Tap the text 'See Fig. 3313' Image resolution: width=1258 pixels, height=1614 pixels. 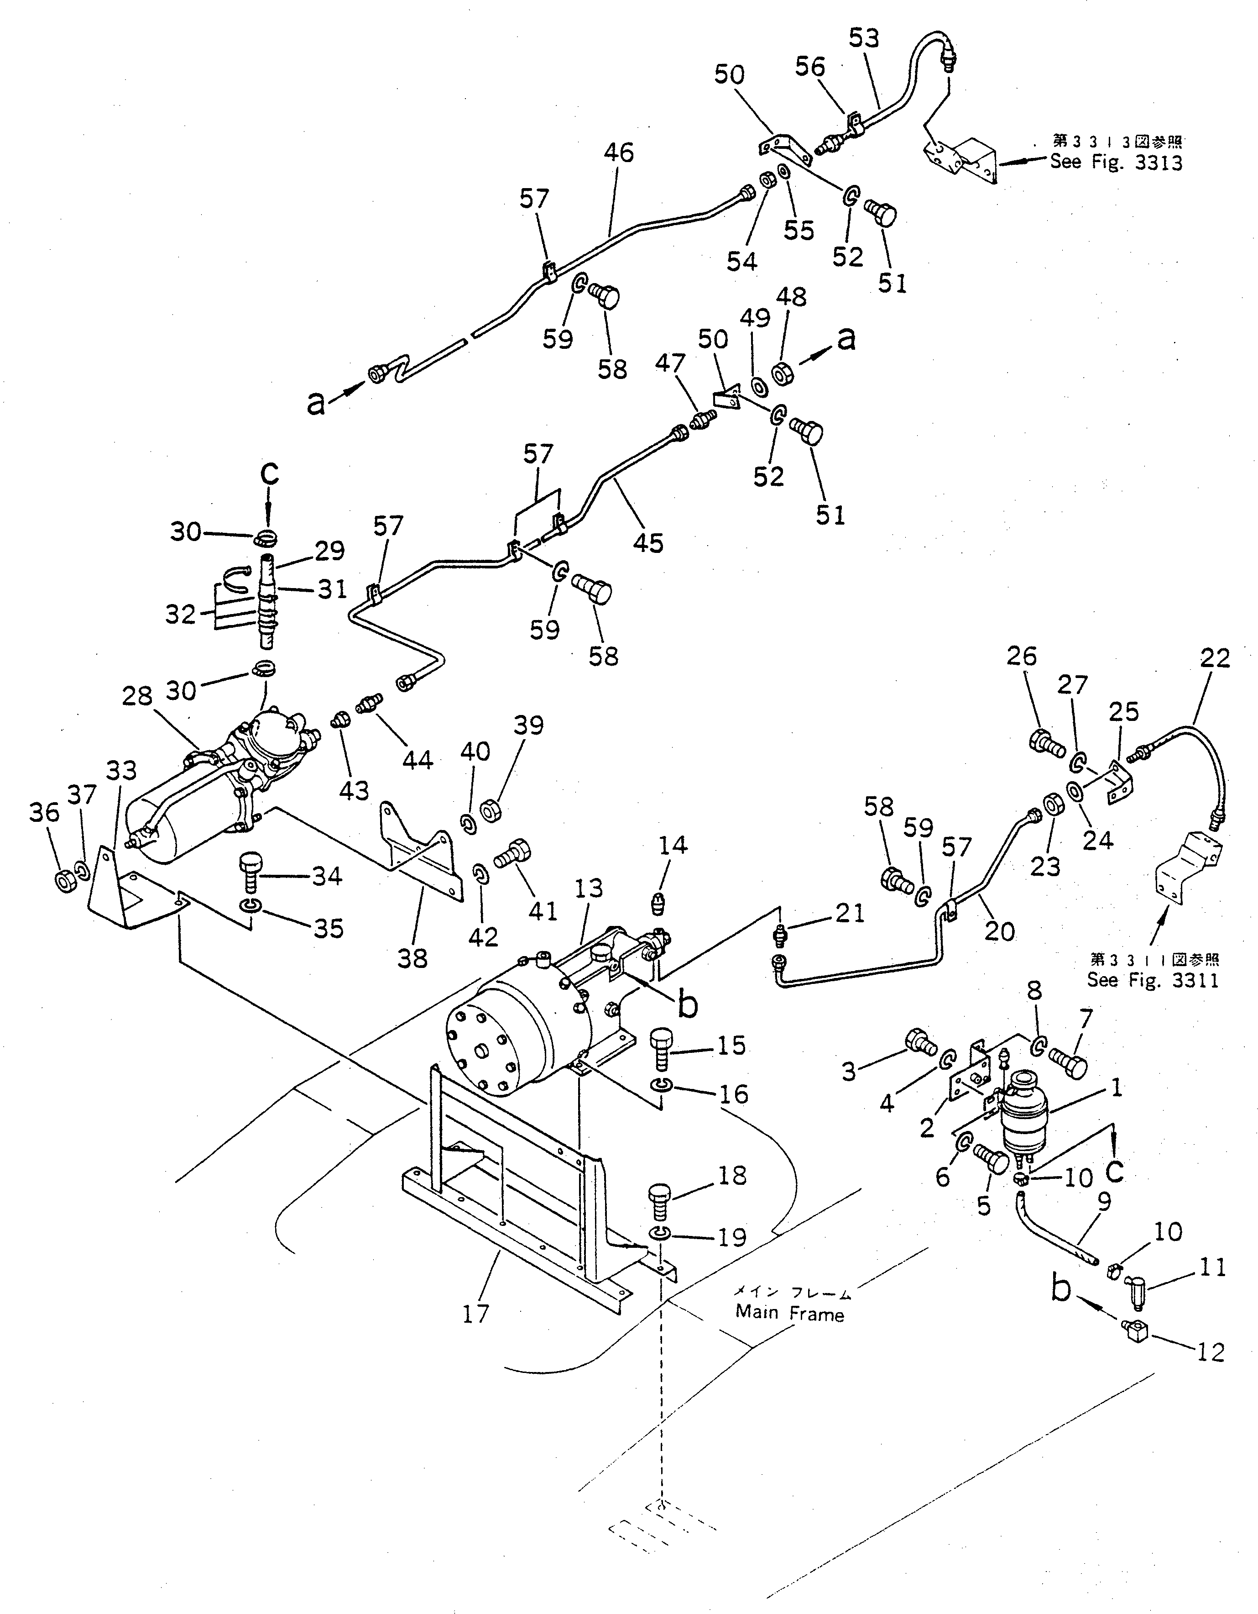tap(1116, 162)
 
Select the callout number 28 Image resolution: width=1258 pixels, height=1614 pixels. tap(138, 696)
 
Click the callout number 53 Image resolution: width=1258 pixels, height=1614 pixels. tap(864, 38)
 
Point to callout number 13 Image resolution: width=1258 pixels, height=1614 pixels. tap(589, 888)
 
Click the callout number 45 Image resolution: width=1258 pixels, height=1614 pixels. tap(648, 543)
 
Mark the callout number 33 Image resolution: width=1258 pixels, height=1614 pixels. tap(122, 771)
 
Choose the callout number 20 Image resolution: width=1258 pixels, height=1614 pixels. tap(1000, 931)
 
